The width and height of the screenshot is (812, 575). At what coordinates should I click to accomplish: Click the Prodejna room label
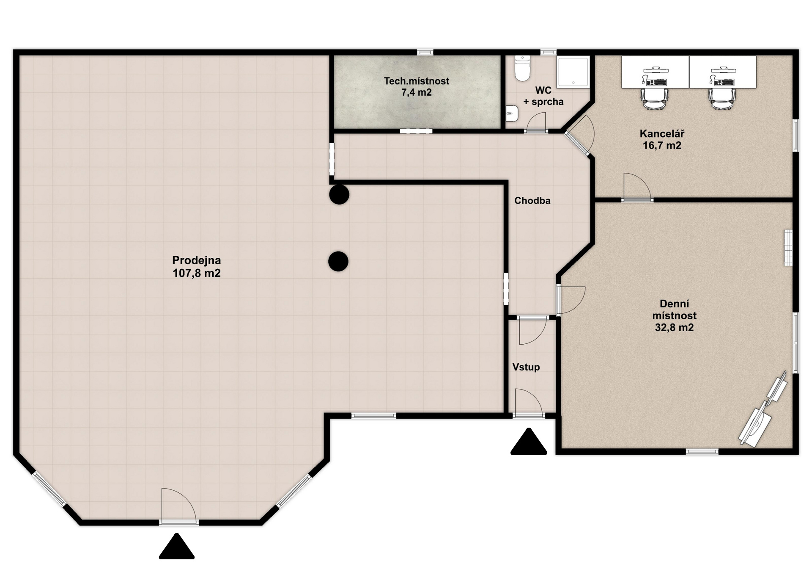[x=197, y=267]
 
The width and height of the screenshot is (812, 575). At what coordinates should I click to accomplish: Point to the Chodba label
[x=532, y=201]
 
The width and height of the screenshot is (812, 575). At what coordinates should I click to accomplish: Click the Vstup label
[x=526, y=367]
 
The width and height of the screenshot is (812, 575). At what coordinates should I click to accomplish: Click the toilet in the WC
[x=522, y=68]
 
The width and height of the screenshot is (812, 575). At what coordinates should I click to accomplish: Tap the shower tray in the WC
[x=573, y=72]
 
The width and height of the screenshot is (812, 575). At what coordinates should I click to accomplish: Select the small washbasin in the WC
[x=512, y=113]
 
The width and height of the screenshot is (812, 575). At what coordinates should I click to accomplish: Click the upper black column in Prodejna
[x=339, y=195]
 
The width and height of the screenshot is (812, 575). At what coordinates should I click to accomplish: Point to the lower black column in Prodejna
[x=338, y=261]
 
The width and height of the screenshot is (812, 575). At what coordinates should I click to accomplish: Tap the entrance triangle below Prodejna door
[x=177, y=547]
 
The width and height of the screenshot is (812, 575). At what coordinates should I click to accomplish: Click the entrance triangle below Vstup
[x=529, y=442]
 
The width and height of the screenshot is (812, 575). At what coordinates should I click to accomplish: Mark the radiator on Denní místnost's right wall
[x=788, y=248]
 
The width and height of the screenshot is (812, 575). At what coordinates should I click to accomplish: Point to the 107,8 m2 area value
[x=197, y=273]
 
